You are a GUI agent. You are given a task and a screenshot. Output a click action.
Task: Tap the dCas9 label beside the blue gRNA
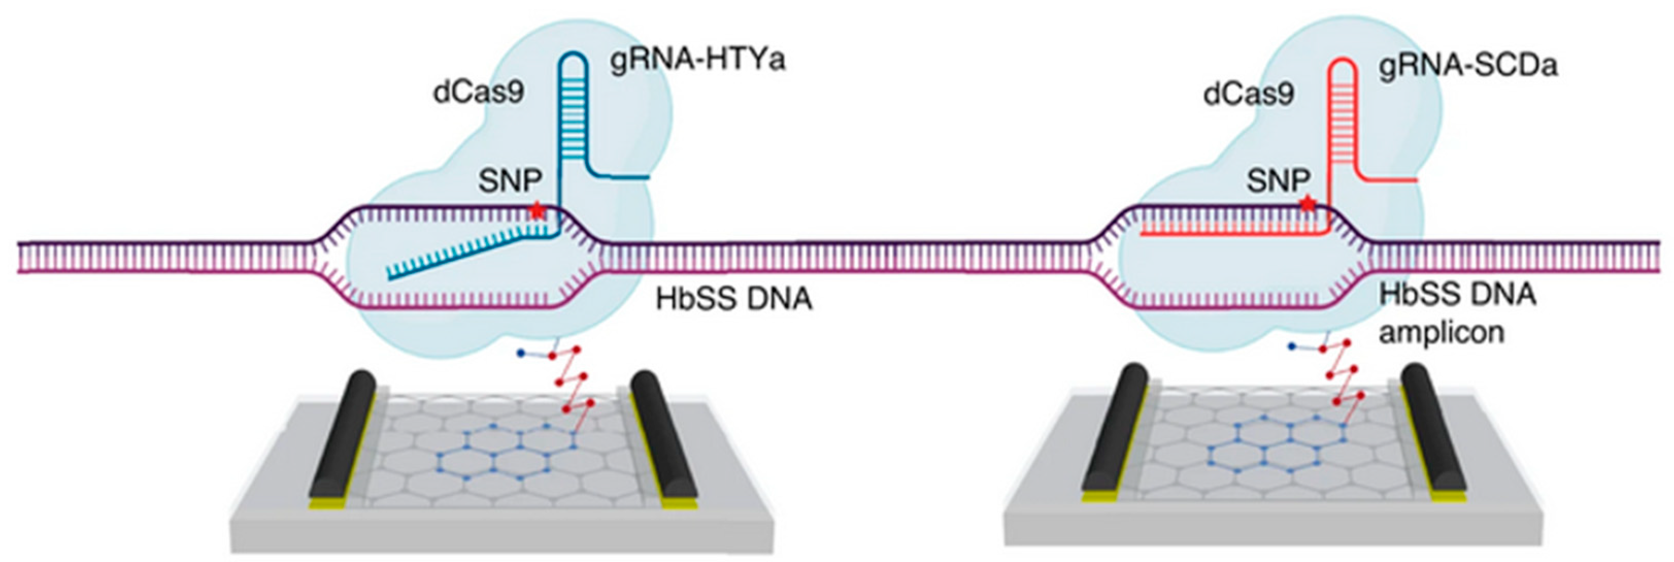[479, 93]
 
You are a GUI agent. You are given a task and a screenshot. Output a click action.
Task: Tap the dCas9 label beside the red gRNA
[1248, 95]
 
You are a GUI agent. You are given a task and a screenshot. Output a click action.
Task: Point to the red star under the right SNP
[1308, 205]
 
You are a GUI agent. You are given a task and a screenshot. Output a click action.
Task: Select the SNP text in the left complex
[510, 181]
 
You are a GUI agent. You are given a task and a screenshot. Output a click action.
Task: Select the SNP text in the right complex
[1278, 181]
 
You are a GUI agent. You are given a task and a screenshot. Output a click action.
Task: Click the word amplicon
[1442, 333]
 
